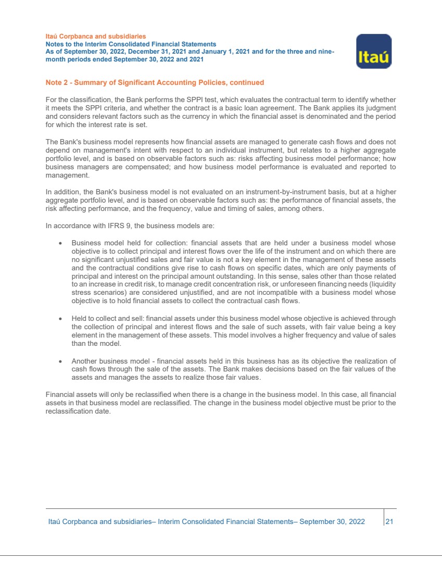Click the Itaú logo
(373, 52)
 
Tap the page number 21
(389, 521)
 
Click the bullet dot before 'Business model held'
(61, 243)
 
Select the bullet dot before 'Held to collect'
(61, 319)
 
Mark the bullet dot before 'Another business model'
(61, 361)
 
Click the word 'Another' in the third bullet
(85, 361)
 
